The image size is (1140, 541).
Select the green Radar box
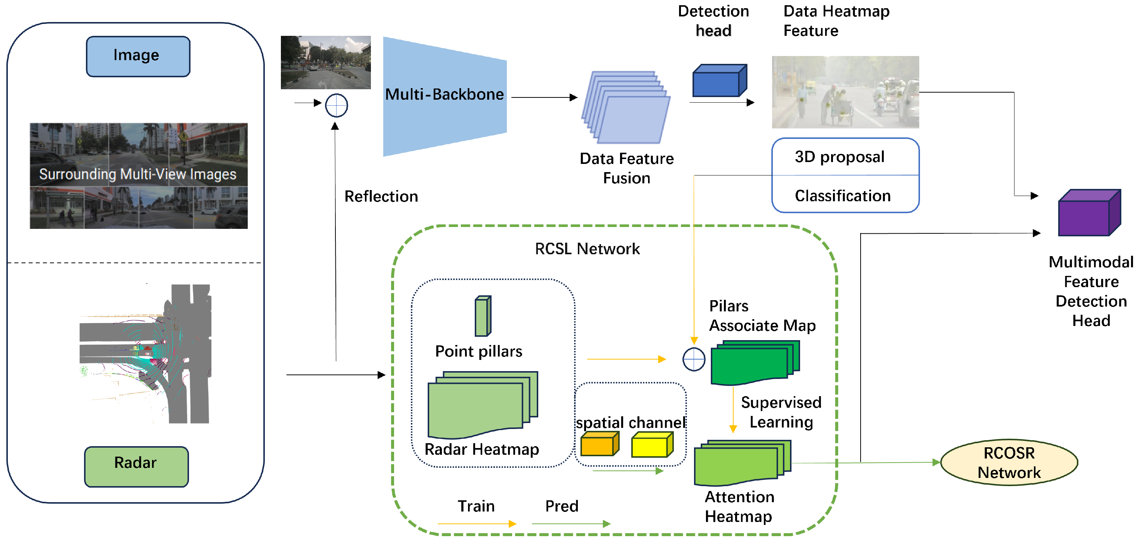136,466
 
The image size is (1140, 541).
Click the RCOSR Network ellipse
1009,462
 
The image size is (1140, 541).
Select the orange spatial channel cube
599,444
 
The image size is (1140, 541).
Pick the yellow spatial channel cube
651,445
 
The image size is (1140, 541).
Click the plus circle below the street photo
336,105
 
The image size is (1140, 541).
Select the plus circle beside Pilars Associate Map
694,359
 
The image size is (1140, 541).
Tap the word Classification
842,196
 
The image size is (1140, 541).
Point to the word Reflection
381,196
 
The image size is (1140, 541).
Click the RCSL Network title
587,249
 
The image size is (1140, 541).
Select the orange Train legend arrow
476,524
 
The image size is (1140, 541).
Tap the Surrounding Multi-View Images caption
137,174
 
